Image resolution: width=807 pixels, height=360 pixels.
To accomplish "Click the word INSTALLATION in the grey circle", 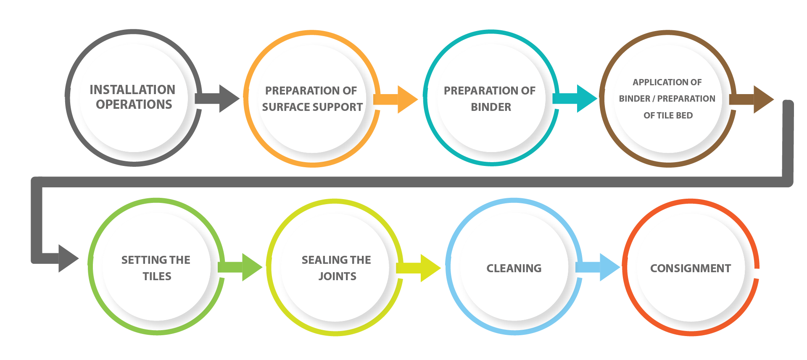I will (132, 89).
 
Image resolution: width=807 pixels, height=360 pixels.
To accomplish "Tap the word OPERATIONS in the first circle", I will (134, 104).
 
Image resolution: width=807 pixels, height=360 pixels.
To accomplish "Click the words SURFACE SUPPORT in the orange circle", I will (312, 107).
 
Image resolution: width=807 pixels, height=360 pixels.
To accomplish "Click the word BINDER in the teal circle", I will (491, 107).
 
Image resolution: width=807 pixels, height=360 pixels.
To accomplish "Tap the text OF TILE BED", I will (668, 116).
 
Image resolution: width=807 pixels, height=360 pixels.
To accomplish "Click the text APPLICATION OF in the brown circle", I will (667, 82).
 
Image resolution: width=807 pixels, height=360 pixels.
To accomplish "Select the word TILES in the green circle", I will (157, 276).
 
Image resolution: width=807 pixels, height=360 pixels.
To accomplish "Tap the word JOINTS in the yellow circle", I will (337, 276).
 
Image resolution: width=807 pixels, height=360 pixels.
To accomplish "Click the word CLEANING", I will (514, 268).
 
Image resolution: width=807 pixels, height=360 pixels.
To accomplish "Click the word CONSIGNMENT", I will (691, 268).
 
